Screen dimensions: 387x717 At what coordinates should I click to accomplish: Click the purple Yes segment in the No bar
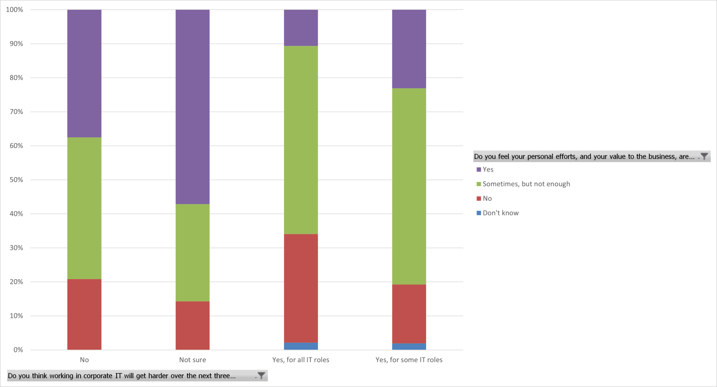(x=84, y=73)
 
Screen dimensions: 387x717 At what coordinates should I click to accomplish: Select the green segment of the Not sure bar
(x=193, y=253)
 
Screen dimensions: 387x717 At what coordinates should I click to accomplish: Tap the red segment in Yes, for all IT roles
(x=301, y=288)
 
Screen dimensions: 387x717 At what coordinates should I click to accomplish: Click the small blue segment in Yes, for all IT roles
(x=301, y=346)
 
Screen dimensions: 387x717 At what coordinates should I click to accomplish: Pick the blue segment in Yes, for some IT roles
(x=409, y=346)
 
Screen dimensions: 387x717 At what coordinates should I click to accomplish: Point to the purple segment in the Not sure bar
(x=193, y=107)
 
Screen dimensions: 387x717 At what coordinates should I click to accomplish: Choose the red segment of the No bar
(x=84, y=314)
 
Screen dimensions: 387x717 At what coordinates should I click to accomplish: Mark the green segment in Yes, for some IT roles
(x=409, y=186)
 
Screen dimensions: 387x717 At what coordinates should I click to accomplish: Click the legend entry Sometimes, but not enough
(x=526, y=184)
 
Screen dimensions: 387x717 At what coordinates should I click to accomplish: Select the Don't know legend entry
(x=500, y=213)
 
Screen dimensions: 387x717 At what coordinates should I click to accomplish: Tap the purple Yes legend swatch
(x=479, y=170)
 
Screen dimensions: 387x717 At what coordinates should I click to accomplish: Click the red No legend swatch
(x=479, y=199)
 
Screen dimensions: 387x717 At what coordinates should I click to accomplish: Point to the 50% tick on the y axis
(x=16, y=180)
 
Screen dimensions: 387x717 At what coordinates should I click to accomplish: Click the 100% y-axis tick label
(x=15, y=10)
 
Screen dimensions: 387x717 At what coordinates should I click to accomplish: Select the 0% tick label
(x=18, y=350)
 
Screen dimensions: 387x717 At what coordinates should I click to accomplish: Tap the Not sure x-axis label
(x=193, y=360)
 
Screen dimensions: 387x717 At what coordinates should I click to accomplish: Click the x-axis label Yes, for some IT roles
(x=409, y=360)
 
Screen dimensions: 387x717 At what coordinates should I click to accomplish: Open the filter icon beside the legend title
(x=704, y=156)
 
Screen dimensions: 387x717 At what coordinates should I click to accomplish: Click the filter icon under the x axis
(x=261, y=376)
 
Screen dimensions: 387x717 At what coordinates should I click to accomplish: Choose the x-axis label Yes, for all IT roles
(x=301, y=360)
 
